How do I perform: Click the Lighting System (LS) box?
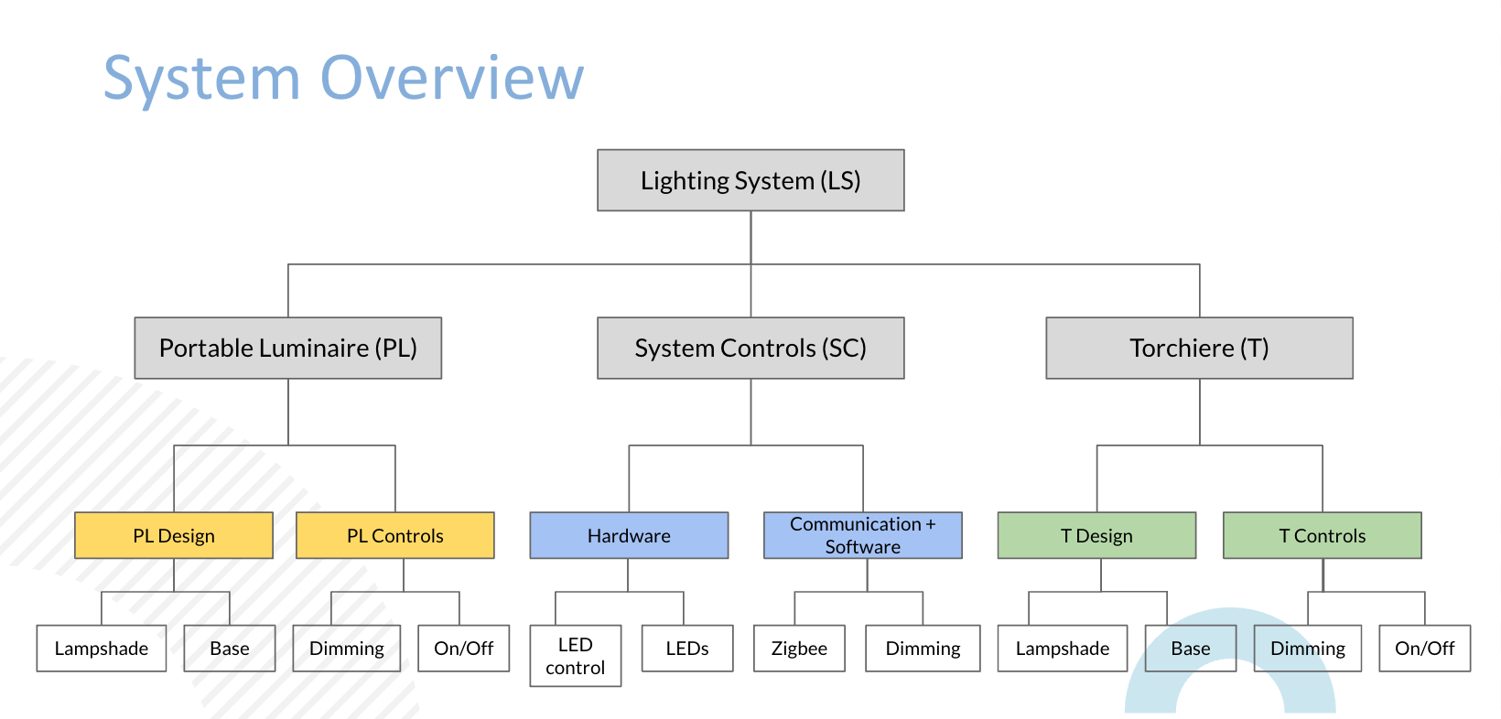(750, 180)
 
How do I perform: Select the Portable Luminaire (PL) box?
(288, 349)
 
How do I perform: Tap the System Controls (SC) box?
(750, 349)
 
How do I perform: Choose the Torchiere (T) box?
(1200, 349)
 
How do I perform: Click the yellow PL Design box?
(174, 535)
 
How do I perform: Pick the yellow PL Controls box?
(395, 535)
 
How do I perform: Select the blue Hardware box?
(629, 535)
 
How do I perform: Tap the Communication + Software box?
(863, 535)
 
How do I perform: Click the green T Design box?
(1097, 535)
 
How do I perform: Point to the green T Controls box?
(1323, 535)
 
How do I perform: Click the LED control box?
(576, 656)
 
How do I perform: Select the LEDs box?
(687, 648)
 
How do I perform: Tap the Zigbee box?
(799, 648)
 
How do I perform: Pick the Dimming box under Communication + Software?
(923, 648)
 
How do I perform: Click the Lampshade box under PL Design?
(102, 648)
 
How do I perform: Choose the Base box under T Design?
(1191, 648)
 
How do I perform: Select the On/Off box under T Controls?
(1425, 648)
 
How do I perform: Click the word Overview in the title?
(452, 79)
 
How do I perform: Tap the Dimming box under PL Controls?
(347, 648)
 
